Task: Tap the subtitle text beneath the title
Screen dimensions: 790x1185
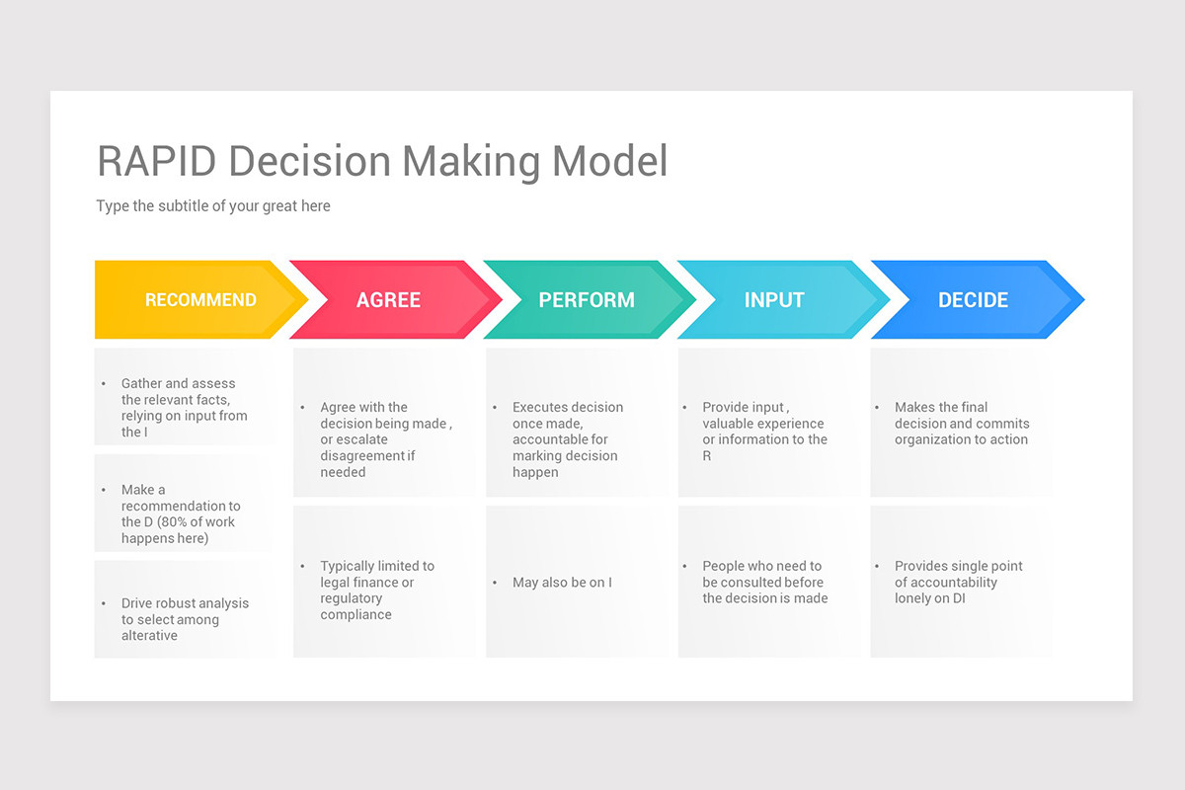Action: (x=213, y=206)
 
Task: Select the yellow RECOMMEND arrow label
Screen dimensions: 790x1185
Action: (x=200, y=300)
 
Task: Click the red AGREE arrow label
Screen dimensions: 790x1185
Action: (x=388, y=300)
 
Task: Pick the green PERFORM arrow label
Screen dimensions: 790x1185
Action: (x=587, y=300)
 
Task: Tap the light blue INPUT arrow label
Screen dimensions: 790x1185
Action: (x=774, y=300)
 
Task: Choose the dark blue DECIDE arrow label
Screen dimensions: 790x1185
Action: (x=973, y=300)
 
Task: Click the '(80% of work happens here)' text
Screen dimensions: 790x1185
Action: (x=179, y=530)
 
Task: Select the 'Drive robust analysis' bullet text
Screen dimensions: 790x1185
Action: (x=185, y=603)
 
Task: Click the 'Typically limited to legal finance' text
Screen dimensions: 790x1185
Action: (x=376, y=575)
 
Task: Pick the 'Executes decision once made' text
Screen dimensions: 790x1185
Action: (x=567, y=415)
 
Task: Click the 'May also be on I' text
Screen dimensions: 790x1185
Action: (x=562, y=583)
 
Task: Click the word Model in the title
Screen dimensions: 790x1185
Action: (x=610, y=161)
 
